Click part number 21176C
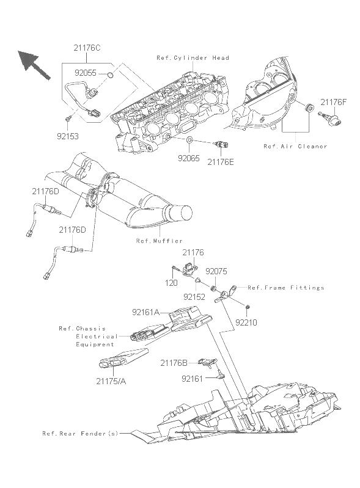tap(87, 48)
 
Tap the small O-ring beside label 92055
tap(110, 75)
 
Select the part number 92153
tap(68, 136)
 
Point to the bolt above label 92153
tap(68, 118)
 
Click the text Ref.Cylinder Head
tap(193, 58)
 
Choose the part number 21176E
tap(221, 162)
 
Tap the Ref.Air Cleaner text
tap(295, 146)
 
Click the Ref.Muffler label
tap(160, 241)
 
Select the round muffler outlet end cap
tap(184, 214)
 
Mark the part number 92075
tap(216, 271)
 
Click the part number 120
tap(171, 283)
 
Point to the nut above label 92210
tap(248, 308)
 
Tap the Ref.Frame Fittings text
tap(286, 288)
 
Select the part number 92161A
tap(145, 312)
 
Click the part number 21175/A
tap(111, 381)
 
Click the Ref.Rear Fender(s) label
tap(80, 434)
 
